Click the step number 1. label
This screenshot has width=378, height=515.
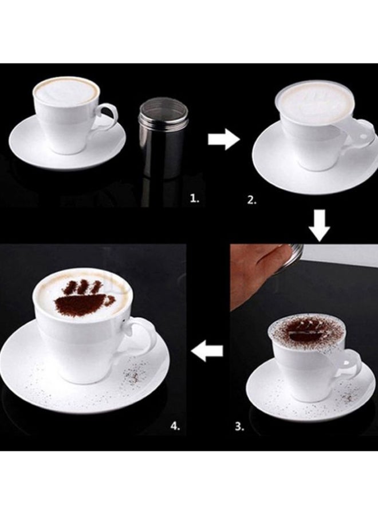[x=195, y=198]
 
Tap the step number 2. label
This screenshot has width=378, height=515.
[x=252, y=200]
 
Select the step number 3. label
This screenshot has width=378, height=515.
[x=239, y=427]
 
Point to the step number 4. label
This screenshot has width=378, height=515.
[x=175, y=426]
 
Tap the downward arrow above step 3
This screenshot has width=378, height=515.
[x=320, y=226]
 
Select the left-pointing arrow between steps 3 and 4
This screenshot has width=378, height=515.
[x=207, y=351]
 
